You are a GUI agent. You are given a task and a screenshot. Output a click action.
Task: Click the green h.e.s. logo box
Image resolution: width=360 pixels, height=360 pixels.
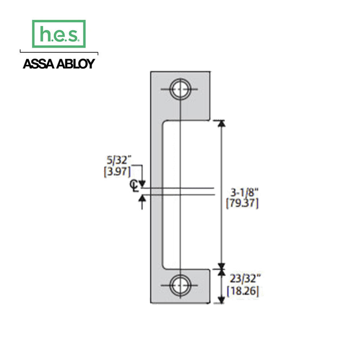(x=59, y=34)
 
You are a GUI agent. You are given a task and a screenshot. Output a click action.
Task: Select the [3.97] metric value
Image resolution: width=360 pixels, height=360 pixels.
(x=116, y=171)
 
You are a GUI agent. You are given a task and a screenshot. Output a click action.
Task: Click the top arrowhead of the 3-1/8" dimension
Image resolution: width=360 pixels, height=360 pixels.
(x=221, y=123)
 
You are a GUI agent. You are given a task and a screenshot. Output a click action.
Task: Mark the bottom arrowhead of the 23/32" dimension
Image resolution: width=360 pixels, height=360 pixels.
(x=221, y=300)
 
